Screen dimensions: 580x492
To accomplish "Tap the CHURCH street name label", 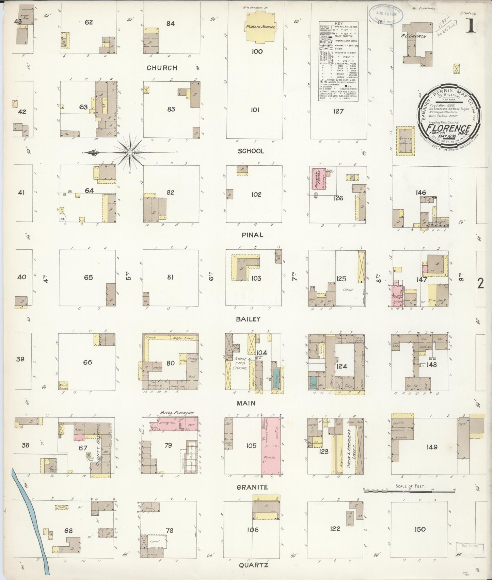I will pyautogui.click(x=162, y=68).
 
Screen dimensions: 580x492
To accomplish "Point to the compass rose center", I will pyautogui.click(x=130, y=153).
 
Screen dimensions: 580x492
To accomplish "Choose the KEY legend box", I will pyautogui.click(x=340, y=61).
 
